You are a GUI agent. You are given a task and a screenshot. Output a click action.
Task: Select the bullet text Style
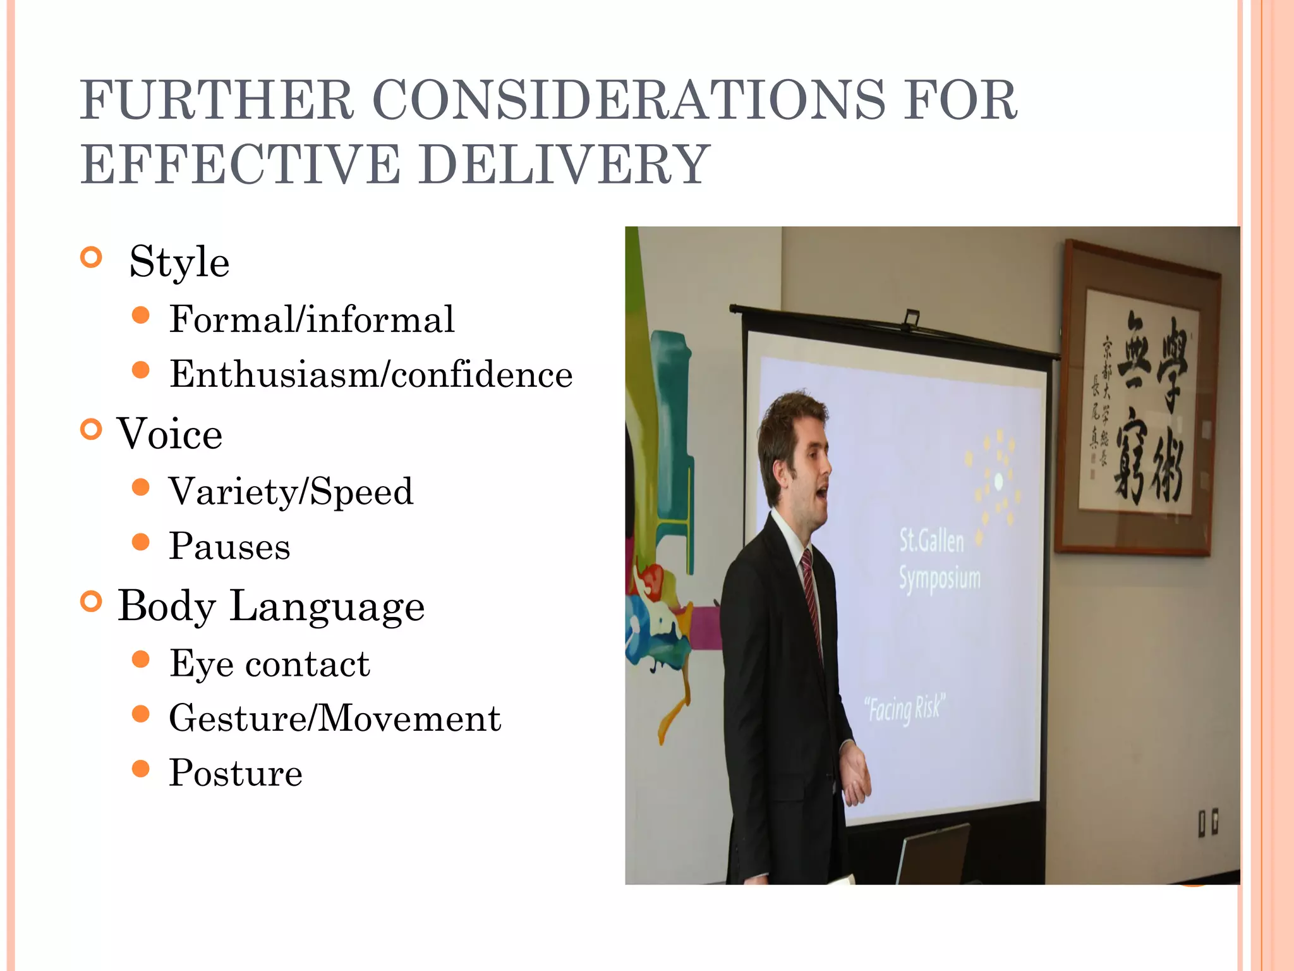click(179, 262)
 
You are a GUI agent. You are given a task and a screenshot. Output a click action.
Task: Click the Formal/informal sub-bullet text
click(311, 319)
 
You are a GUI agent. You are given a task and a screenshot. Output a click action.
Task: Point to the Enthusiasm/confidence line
click(371, 374)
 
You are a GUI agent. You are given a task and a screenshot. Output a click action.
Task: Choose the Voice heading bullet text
click(169, 434)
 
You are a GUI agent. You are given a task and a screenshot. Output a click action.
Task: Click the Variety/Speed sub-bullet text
click(291, 492)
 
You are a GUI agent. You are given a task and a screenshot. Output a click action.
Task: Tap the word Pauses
click(229, 546)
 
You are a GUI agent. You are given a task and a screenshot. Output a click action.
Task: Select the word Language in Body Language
click(327, 606)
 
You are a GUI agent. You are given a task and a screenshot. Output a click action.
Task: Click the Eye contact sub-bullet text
click(269, 664)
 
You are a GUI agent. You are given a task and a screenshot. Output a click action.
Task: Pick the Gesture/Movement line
click(335, 719)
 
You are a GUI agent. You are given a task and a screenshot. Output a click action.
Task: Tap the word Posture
click(236, 773)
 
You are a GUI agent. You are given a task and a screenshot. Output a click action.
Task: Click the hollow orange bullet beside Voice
click(92, 430)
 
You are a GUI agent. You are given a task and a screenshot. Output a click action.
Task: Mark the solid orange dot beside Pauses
click(141, 542)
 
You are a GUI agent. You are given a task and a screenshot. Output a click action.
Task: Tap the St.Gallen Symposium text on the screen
click(940, 560)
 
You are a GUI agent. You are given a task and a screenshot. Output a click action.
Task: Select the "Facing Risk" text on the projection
click(904, 709)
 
